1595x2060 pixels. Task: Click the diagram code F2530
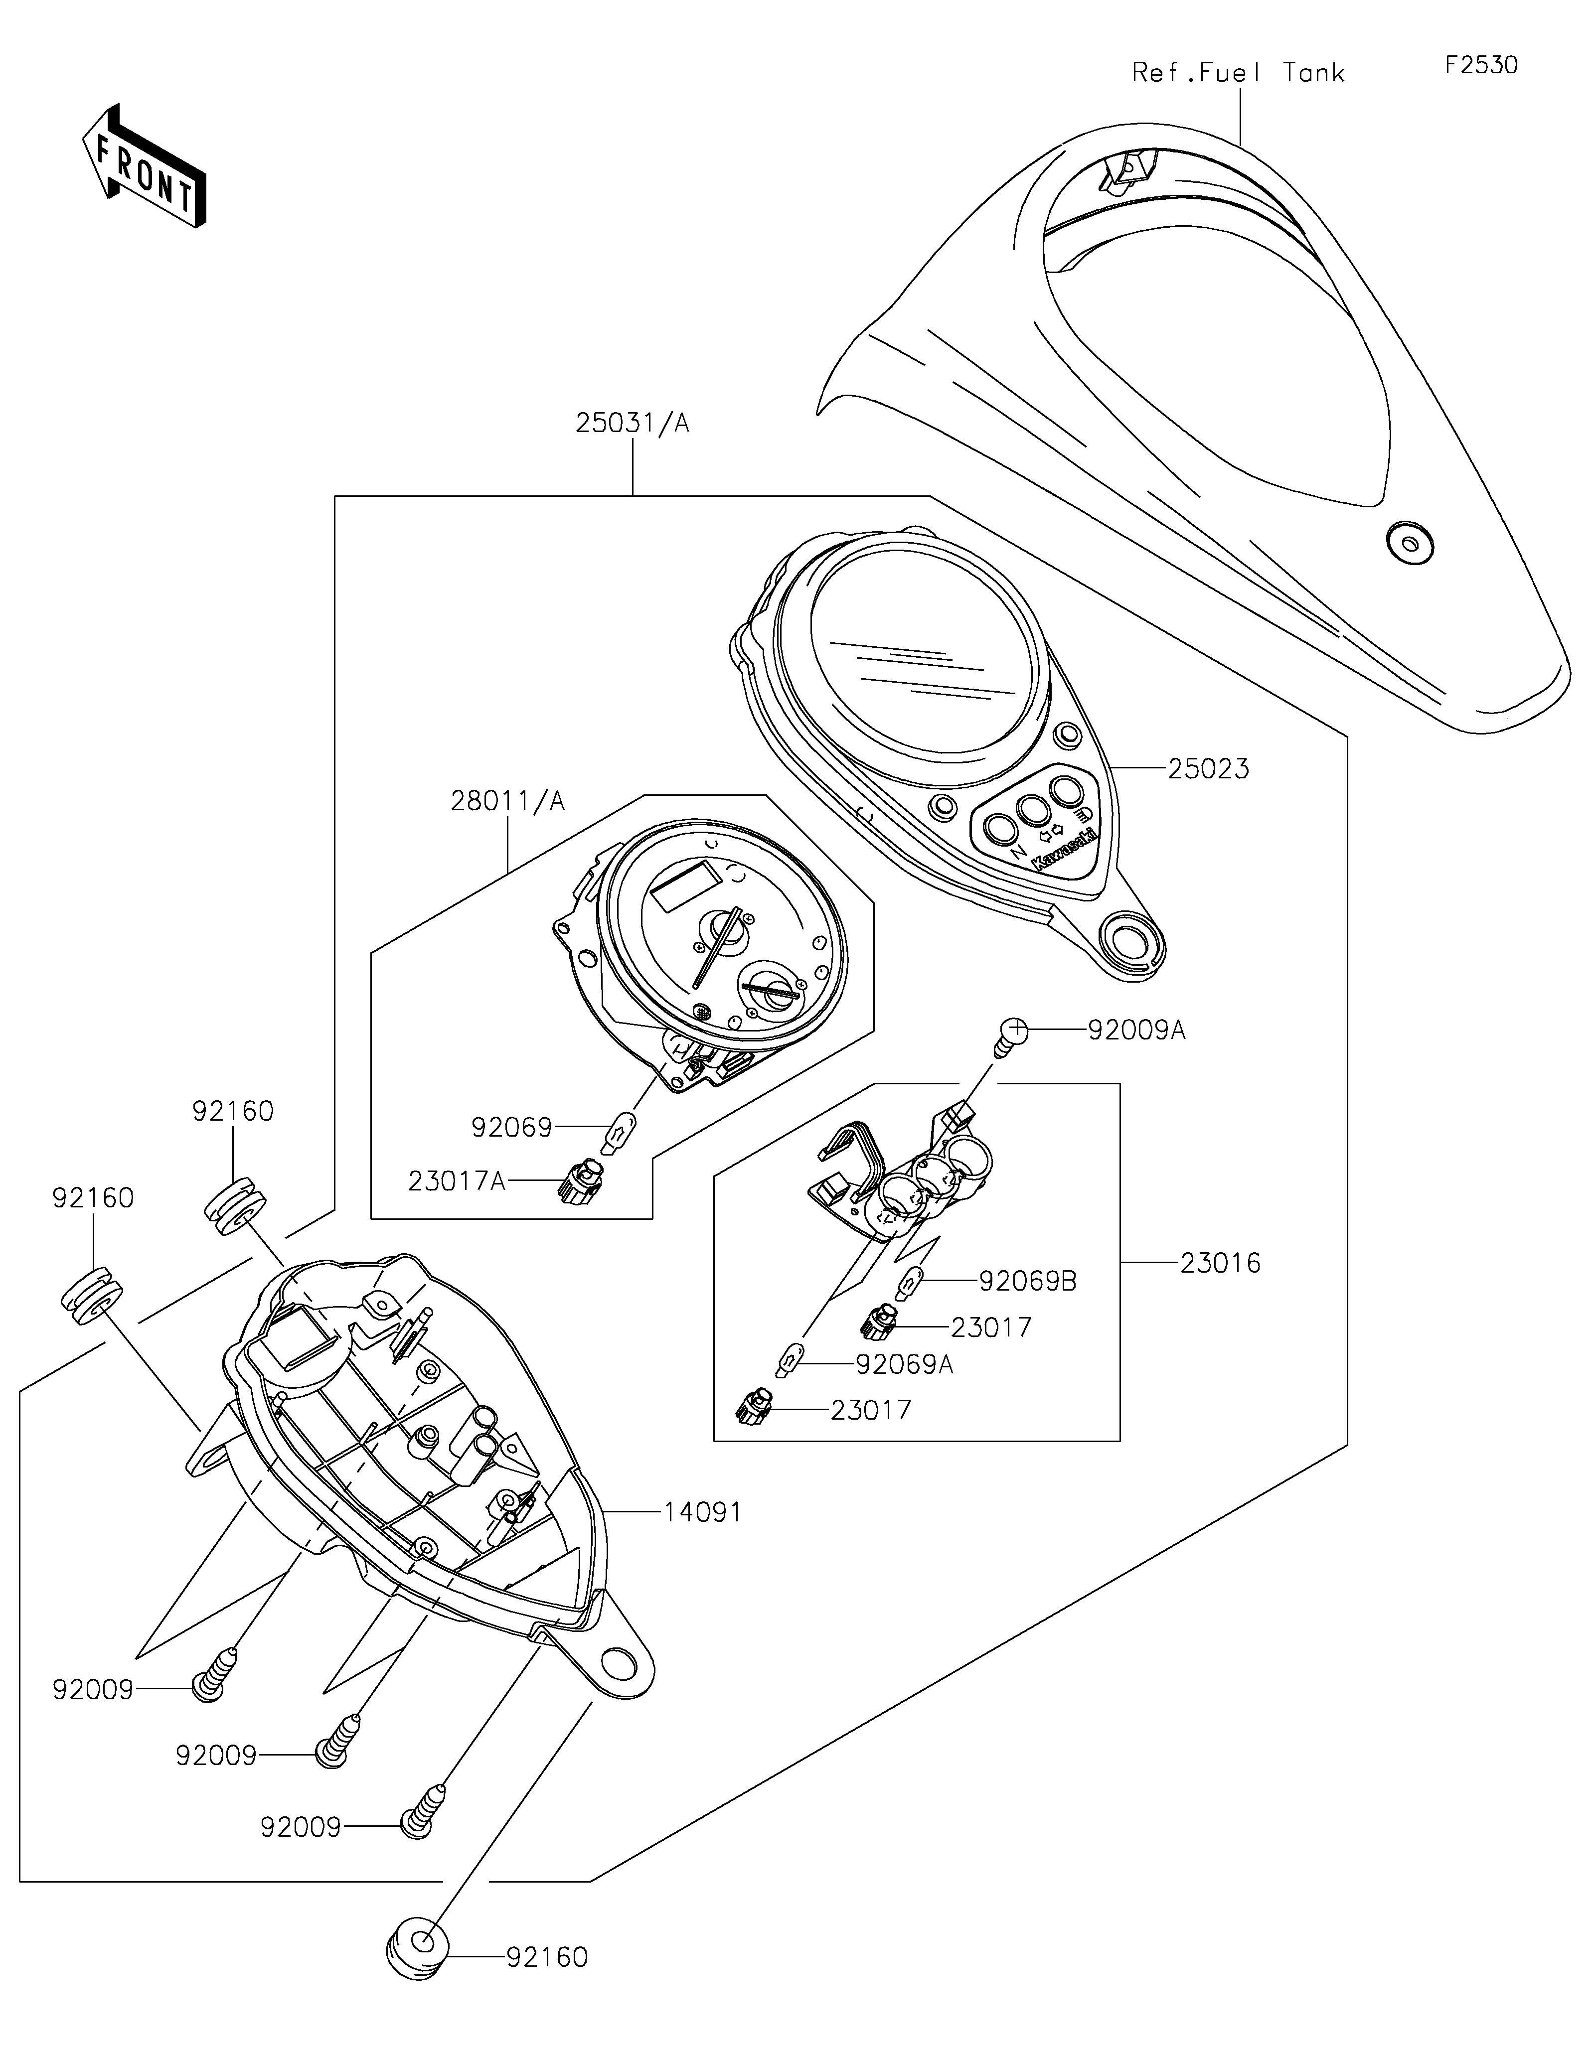(1481, 65)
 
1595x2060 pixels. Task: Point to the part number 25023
(1208, 769)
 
